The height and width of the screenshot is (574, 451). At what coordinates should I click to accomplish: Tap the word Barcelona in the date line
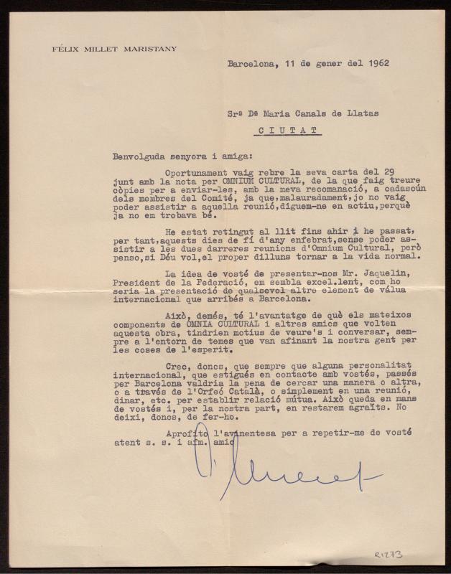tap(251, 63)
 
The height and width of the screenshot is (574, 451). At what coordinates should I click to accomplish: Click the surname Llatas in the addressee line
tap(358, 112)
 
